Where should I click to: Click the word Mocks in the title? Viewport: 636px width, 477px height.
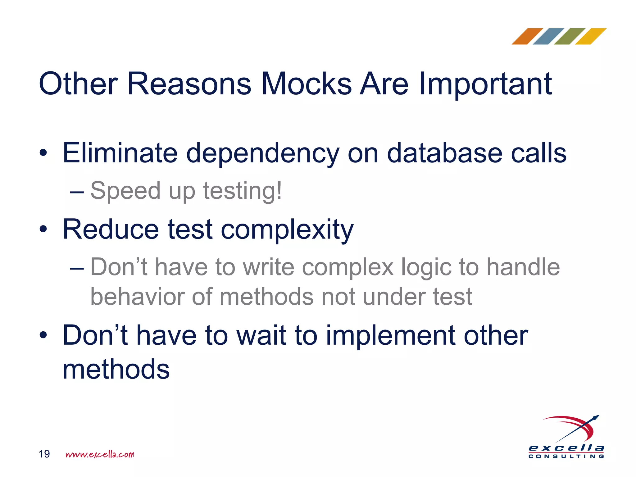306,84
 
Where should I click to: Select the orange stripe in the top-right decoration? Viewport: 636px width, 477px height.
527,37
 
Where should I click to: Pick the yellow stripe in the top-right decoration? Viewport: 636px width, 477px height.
591,37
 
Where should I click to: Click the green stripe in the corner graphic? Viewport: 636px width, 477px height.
570,37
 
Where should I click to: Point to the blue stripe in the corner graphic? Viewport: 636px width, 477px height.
548,37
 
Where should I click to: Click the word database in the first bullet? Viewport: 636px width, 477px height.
444,153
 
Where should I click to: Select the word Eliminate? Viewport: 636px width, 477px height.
120,153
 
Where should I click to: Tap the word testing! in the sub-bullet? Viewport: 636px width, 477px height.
243,191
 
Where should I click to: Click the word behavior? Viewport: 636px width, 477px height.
137,297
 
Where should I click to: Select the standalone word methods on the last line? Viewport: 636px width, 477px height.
116,370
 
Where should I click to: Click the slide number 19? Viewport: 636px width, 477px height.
44,454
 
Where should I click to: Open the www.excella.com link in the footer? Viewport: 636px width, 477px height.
100,455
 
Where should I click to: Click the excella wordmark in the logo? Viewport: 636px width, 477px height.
566,448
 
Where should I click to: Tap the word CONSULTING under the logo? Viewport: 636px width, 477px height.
566,457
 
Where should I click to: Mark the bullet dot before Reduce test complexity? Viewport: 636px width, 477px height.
43,229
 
